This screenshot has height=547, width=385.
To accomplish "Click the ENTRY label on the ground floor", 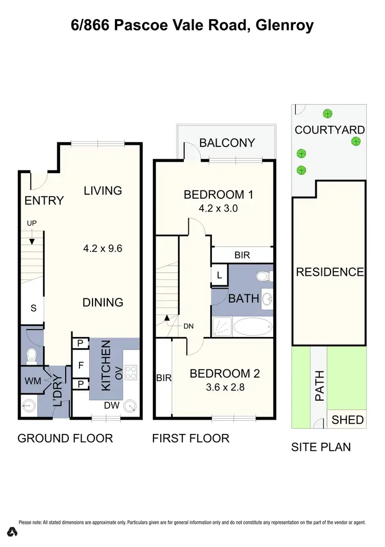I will click(44, 200).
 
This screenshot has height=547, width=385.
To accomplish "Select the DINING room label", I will click(103, 303).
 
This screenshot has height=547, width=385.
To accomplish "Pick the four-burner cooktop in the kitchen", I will click(130, 371).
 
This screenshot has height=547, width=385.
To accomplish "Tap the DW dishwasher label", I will click(111, 406).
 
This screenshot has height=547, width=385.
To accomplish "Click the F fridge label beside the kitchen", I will click(81, 366).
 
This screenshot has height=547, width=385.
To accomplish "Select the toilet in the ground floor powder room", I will click(32, 354).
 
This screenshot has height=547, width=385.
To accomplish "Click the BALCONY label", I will click(227, 142).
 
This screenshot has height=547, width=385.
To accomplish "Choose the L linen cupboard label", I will click(219, 275).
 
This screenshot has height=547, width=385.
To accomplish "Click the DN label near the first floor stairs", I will click(189, 326).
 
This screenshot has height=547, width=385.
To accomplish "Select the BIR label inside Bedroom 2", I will click(164, 379).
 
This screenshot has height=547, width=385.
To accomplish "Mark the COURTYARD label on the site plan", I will click(330, 130).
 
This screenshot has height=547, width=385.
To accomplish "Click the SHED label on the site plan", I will click(348, 420).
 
